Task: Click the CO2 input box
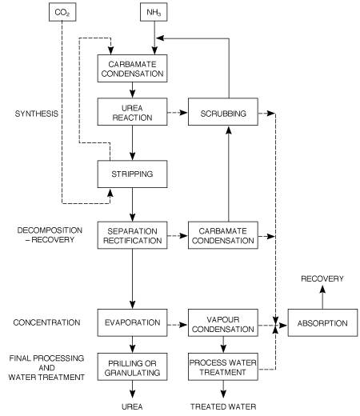click(x=62, y=12)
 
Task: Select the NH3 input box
click(x=154, y=12)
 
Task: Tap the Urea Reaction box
click(x=132, y=112)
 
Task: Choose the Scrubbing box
click(x=223, y=112)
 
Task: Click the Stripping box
click(x=132, y=174)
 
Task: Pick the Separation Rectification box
click(x=132, y=235)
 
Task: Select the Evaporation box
click(x=132, y=322)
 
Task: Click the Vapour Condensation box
click(x=223, y=322)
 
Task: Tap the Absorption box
click(x=322, y=322)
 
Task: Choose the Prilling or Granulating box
click(x=132, y=367)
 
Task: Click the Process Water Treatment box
click(x=223, y=367)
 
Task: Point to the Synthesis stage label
click(x=37, y=114)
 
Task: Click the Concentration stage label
click(x=46, y=322)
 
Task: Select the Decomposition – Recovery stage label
click(x=50, y=235)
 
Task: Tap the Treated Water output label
click(x=223, y=406)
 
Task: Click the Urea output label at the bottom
click(x=132, y=406)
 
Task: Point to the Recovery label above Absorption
click(x=322, y=278)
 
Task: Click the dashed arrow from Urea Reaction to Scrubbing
click(x=178, y=113)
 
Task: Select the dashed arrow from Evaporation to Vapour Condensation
click(x=178, y=325)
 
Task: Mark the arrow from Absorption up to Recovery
click(x=322, y=297)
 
